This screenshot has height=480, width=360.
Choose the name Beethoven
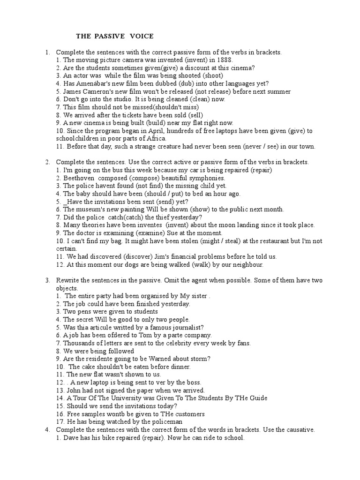tap(79, 178)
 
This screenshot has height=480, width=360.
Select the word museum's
tap(90, 210)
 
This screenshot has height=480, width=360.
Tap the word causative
tap(297, 430)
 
